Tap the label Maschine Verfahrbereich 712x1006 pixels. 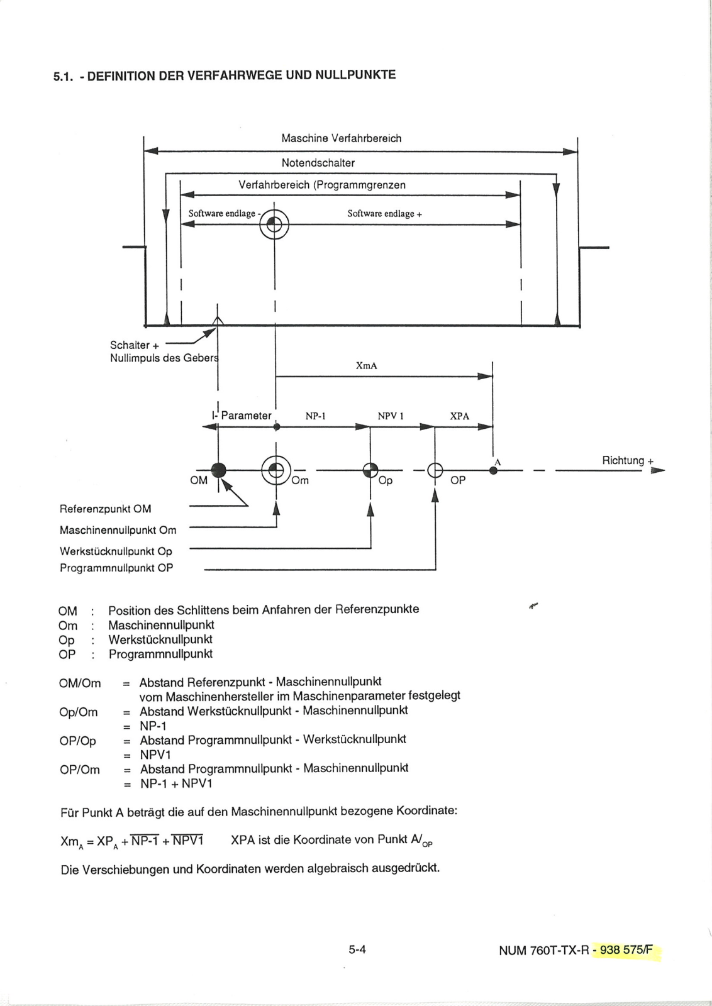pos(342,138)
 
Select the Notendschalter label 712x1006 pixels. pos(318,163)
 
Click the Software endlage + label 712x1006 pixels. pos(384,214)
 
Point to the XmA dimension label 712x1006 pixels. pos(367,365)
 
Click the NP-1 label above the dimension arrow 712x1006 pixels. pos(315,416)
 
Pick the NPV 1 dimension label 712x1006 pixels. pos(391,416)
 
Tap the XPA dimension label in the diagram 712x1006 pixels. pos(460,416)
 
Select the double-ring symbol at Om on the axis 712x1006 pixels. pos(276,470)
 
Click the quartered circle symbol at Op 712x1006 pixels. pos(370,470)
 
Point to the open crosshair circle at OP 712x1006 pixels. pos(435,470)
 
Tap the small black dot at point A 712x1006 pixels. pos(493,470)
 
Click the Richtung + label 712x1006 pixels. pos(628,460)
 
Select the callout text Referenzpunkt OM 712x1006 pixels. pos(105,509)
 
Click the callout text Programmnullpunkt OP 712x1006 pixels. pos(116,568)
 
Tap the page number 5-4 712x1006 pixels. pos(357,949)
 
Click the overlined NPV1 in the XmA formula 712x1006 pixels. pos(188,840)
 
